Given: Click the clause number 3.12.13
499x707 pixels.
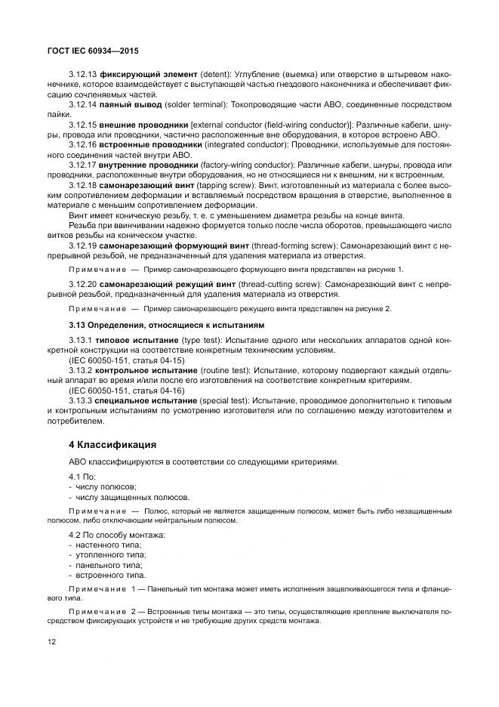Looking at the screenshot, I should (84, 74).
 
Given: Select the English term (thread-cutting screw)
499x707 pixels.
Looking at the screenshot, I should (275, 284).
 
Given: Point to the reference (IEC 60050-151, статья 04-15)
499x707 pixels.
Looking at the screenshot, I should (126, 361).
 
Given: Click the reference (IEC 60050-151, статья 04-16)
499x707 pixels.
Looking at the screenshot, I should (126, 391).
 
